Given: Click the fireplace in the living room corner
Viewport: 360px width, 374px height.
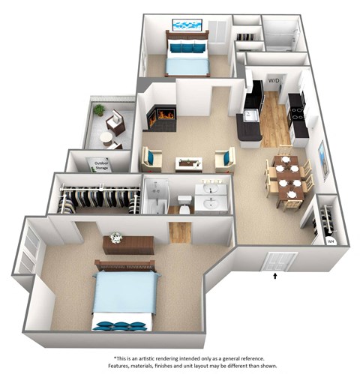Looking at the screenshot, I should (x=162, y=116).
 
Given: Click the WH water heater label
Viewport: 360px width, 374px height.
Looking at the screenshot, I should (x=329, y=241).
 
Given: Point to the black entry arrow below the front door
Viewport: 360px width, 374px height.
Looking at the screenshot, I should (x=276, y=277).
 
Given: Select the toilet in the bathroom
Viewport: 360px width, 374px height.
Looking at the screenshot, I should (x=184, y=201).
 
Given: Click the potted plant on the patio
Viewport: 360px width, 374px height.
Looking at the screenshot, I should (x=99, y=110).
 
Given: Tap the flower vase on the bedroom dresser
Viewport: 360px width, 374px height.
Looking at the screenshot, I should (x=115, y=238).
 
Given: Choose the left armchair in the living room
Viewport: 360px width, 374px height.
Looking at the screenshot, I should (x=151, y=158).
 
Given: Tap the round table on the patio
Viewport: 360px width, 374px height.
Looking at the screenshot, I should (x=106, y=139).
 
